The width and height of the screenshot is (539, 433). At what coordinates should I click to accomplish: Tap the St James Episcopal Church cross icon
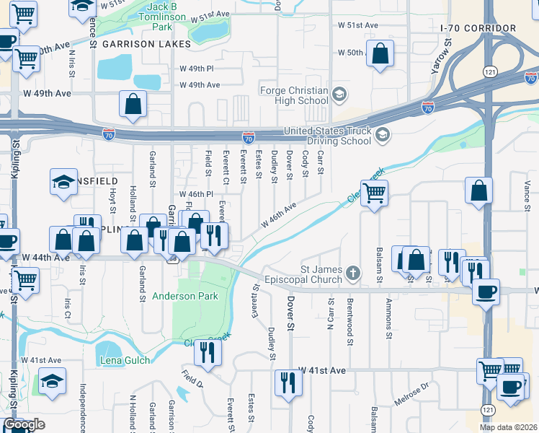353,272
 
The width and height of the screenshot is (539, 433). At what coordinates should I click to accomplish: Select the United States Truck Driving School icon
383,134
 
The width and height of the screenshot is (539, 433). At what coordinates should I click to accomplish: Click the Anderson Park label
184,296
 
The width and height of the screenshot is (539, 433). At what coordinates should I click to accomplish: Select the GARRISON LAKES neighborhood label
146,44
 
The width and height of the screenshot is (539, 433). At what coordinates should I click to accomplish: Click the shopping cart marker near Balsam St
375,193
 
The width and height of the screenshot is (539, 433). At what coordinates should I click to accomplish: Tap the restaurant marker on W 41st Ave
288,382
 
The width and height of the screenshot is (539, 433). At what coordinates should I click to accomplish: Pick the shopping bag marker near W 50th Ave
380,53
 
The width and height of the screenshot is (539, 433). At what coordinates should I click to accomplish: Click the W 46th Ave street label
279,215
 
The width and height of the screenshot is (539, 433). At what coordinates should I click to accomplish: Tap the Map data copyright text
508,427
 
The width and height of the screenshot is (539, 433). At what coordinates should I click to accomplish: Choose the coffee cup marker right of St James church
486,291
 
